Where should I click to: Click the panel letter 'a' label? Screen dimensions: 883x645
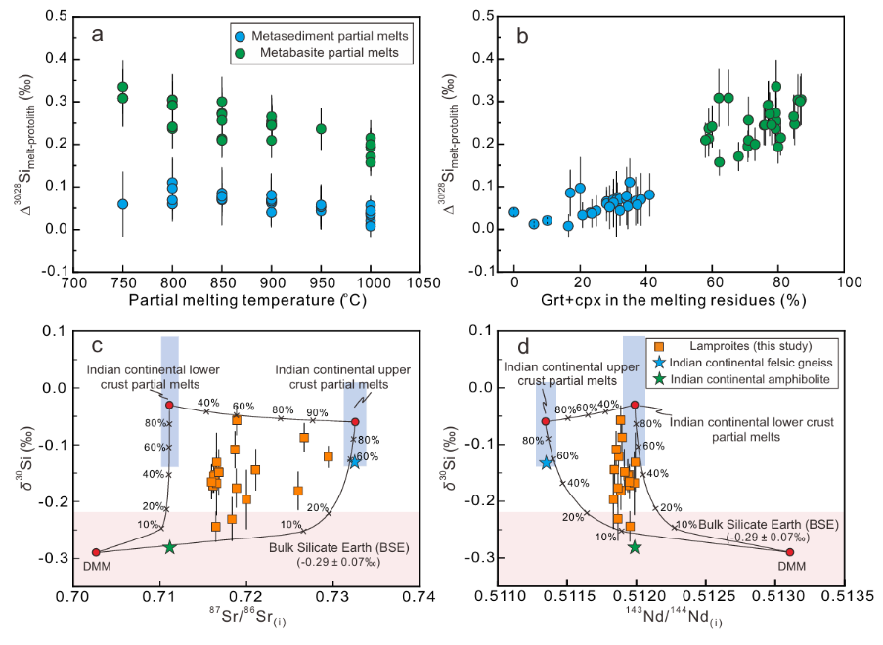[98, 35]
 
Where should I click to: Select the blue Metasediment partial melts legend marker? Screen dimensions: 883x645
[241, 37]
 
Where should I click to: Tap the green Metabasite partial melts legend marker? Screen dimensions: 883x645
[241, 54]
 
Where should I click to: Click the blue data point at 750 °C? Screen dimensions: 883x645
[123, 203]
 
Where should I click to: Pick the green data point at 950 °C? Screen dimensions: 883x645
[321, 129]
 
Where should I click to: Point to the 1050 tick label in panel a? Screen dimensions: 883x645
[420, 282]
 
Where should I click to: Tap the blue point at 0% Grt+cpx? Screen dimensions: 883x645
[513, 212]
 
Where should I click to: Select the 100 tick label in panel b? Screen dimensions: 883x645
[844, 281]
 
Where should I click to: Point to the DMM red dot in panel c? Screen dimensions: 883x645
[96, 552]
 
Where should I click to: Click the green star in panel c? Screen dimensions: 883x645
[169, 547]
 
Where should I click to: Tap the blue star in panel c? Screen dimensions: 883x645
[355, 461]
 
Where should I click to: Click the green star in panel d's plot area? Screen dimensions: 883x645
[635, 547]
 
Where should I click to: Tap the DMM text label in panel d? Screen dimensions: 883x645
[792, 566]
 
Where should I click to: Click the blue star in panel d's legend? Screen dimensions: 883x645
[658, 363]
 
